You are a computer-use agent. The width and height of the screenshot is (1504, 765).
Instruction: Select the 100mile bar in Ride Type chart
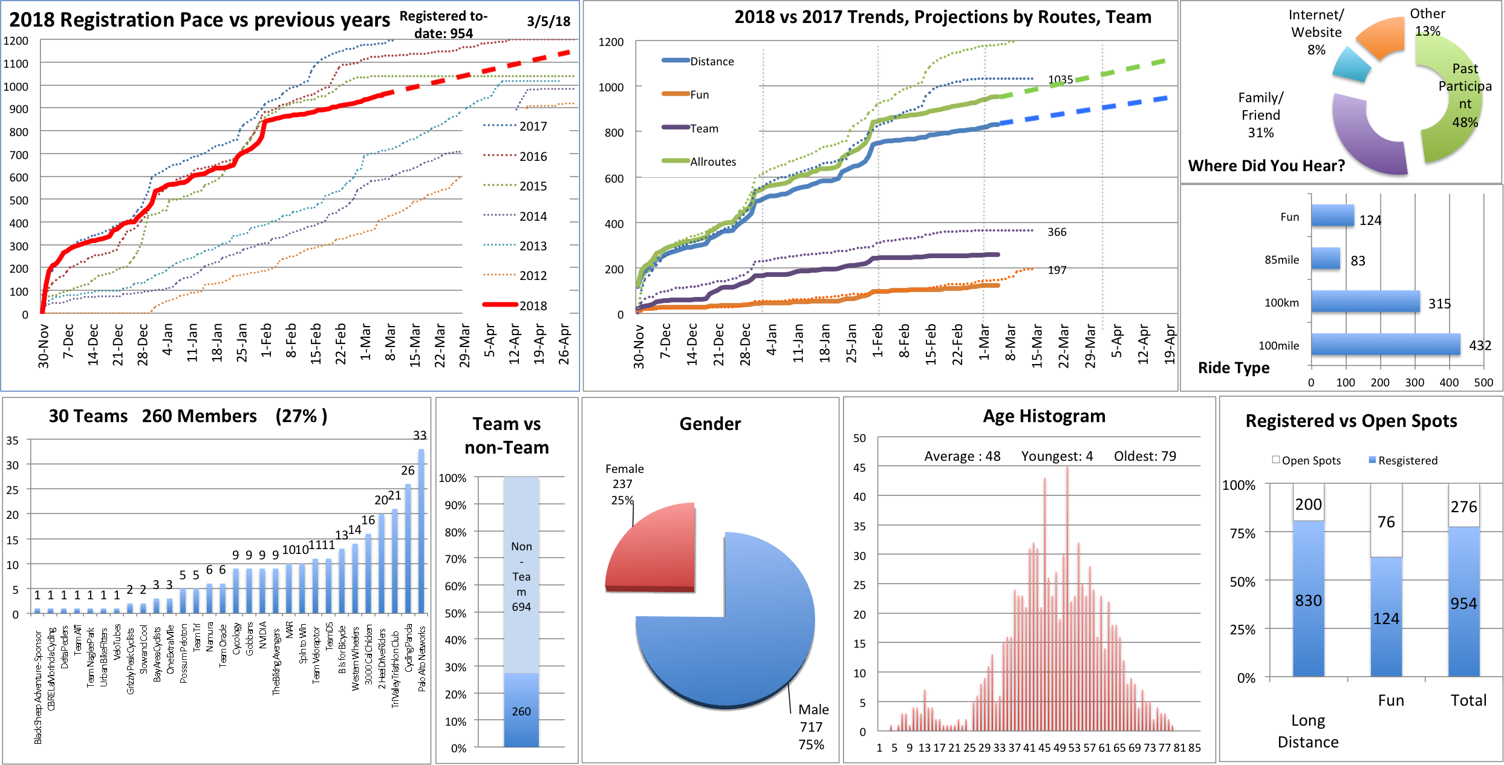point(1385,345)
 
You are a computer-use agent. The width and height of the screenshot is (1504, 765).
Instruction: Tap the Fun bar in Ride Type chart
point(1332,216)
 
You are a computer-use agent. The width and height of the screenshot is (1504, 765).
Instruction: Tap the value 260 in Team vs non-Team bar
point(521,711)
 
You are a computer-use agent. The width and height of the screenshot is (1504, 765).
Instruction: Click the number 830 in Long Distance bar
point(1308,601)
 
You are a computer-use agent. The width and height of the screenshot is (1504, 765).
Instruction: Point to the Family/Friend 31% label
point(1261,115)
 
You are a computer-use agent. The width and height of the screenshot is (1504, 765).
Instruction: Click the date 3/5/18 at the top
point(549,21)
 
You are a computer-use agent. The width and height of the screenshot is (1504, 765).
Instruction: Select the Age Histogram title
point(1044,416)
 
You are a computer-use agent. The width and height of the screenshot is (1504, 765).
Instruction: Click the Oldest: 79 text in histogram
point(1145,456)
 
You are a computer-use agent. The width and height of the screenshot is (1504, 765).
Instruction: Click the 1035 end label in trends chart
point(1060,79)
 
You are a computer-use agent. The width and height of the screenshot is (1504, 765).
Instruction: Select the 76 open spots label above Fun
point(1386,522)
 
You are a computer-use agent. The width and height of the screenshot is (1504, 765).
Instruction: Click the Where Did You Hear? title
point(1266,166)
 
